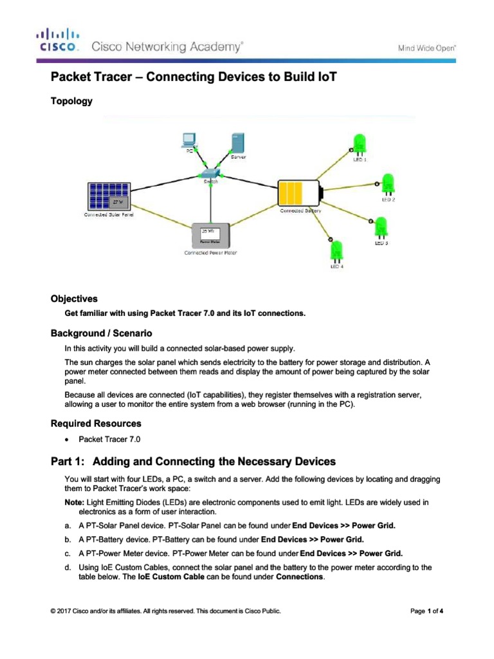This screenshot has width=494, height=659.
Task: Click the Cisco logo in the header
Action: click(x=59, y=40)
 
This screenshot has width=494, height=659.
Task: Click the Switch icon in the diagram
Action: click(x=210, y=173)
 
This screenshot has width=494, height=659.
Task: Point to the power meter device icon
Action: click(x=210, y=236)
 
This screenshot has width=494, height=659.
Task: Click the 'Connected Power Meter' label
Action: click(x=210, y=253)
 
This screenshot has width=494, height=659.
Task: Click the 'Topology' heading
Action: click(x=71, y=101)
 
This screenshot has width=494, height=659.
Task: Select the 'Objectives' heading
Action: click(x=74, y=299)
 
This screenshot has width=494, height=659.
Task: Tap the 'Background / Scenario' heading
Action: click(x=101, y=333)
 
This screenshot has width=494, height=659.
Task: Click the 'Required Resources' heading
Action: click(x=96, y=423)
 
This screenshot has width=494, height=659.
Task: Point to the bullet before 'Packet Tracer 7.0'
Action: click(x=67, y=440)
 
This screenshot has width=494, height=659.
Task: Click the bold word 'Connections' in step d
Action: click(x=299, y=577)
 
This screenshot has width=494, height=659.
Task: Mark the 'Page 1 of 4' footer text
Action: click(x=426, y=611)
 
